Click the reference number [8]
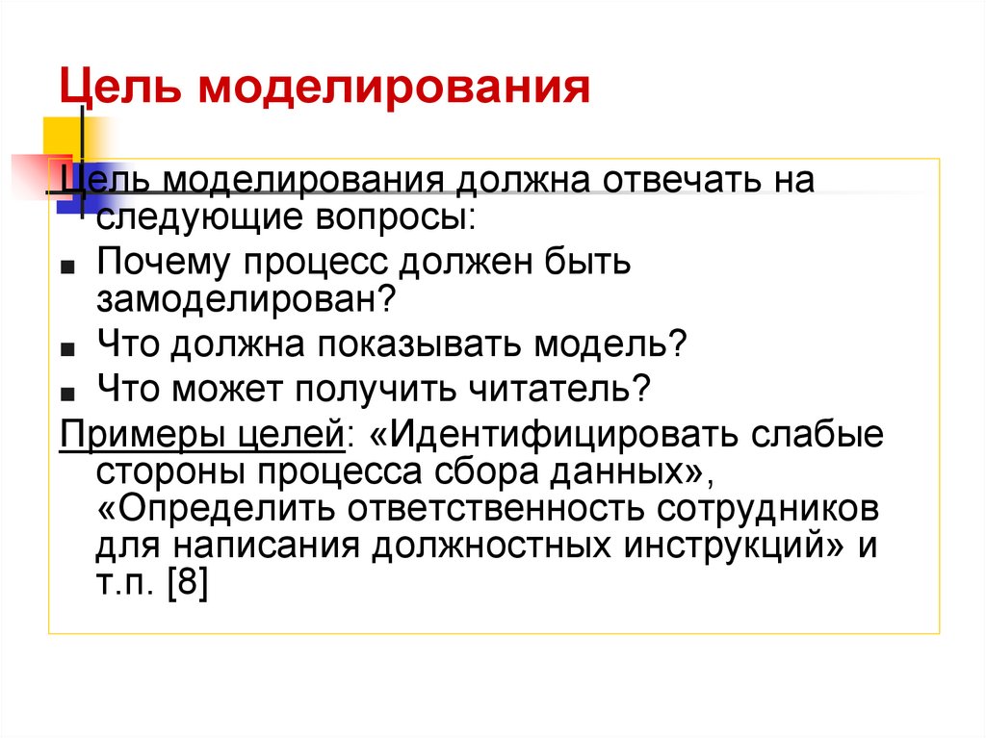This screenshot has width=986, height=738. pyautogui.click(x=185, y=584)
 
